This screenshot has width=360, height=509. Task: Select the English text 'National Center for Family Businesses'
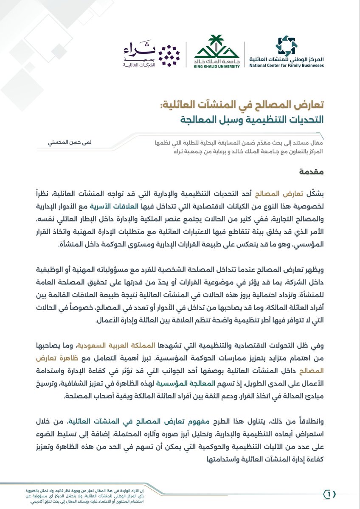pyautogui.click(x=287, y=65)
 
